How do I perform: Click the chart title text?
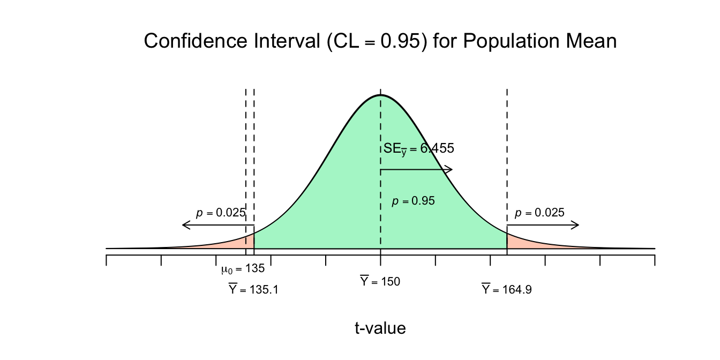[380, 41]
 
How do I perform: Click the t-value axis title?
[380, 328]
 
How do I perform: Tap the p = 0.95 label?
[413, 201]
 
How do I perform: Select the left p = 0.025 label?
[221, 213]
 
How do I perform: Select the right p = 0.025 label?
[539, 213]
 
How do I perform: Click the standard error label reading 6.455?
[419, 149]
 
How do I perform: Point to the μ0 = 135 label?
[243, 269]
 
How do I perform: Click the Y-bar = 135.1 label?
[253, 289]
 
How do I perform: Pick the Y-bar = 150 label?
[380, 281]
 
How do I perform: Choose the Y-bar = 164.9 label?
[507, 289]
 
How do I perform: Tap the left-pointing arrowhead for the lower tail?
[186, 224]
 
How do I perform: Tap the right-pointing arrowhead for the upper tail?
[575, 224]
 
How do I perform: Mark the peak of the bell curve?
[380, 95]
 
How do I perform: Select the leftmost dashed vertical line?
[246, 171]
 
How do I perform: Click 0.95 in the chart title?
[401, 41]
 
